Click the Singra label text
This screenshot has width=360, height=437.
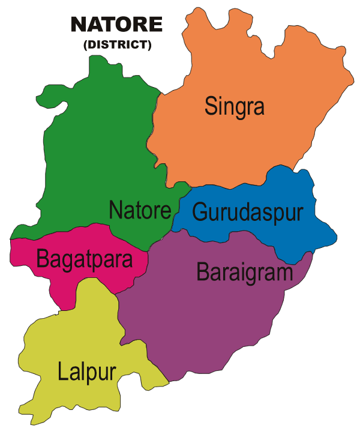[x=234, y=106]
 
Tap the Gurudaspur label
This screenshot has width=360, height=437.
[x=247, y=212]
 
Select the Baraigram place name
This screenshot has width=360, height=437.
[x=244, y=272]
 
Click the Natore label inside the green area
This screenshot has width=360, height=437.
[x=140, y=210]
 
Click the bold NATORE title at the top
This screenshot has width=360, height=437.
[x=116, y=25]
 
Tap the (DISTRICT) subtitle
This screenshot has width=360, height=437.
[x=117, y=44]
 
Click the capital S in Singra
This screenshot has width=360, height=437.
[x=211, y=106]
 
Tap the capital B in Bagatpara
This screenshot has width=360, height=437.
[x=43, y=259]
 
